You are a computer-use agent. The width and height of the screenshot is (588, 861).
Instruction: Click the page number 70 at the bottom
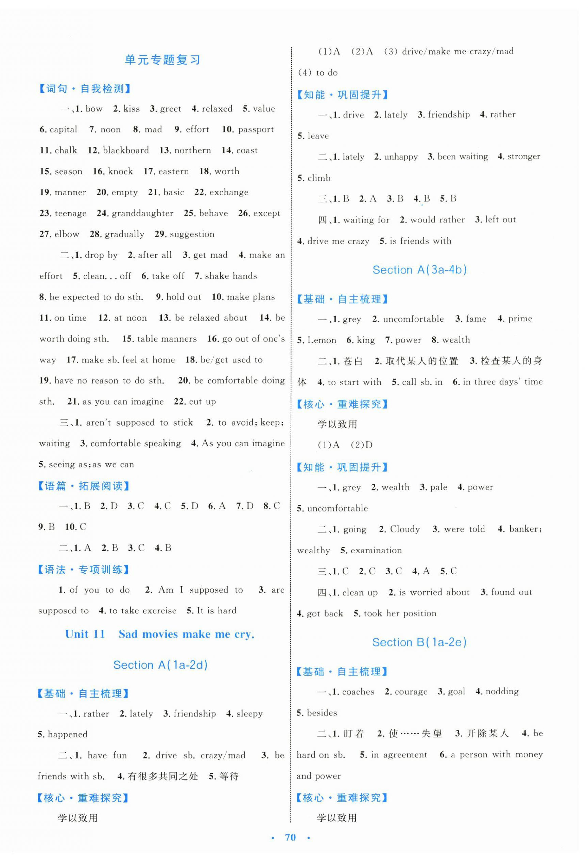[x=290, y=837]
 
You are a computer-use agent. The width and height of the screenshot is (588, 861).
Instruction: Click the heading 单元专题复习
[x=163, y=60]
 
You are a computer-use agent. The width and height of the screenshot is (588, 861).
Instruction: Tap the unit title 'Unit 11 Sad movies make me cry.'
[x=160, y=634]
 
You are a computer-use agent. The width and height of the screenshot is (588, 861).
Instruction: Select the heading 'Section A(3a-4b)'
[x=419, y=270]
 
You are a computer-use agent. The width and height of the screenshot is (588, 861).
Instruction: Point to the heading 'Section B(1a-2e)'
[x=419, y=642]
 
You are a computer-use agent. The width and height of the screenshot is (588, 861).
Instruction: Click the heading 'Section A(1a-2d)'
[x=160, y=665]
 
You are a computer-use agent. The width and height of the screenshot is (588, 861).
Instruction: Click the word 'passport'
[x=256, y=130]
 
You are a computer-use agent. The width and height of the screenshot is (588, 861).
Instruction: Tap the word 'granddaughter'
[x=142, y=213]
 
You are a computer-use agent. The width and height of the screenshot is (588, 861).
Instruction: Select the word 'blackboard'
[x=126, y=150]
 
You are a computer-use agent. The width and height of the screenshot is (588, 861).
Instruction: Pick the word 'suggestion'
[x=192, y=234]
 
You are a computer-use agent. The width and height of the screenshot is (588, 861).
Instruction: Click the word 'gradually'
[x=125, y=234]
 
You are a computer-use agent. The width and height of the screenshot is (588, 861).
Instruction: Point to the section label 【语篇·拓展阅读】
[x=84, y=486]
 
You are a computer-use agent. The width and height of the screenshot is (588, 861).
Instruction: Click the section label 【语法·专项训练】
[x=84, y=570]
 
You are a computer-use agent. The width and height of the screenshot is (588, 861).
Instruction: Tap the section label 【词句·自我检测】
[x=85, y=89]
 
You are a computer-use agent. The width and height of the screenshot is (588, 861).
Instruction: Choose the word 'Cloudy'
[x=404, y=529]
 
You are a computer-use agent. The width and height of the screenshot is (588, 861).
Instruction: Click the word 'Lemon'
[x=322, y=340]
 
